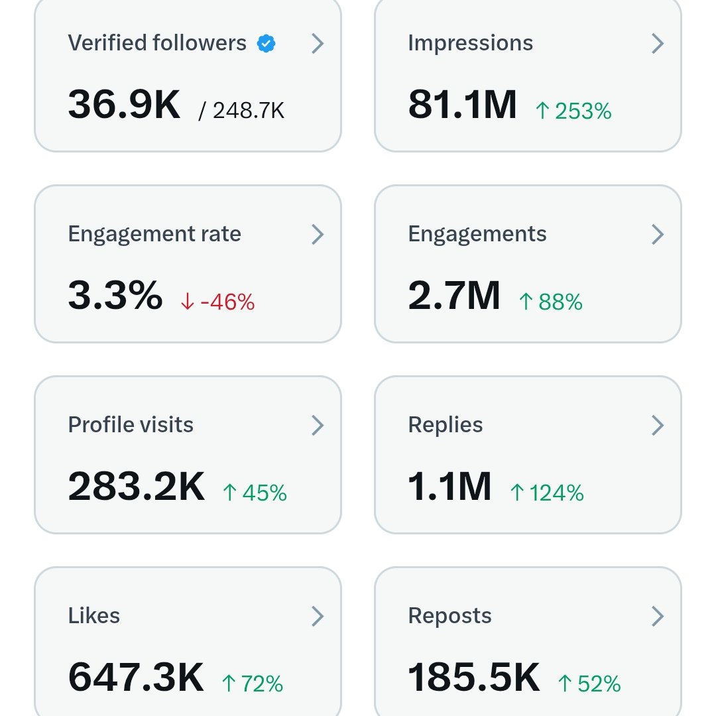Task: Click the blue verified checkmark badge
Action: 267,44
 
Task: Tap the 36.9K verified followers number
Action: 124,105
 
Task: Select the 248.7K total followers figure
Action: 242,111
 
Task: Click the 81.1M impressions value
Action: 462,105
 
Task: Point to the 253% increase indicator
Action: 573,111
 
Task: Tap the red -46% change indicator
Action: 217,302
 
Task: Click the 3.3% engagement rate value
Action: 115,296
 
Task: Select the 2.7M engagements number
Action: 454,296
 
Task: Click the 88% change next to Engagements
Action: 551,302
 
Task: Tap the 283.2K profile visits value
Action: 137,487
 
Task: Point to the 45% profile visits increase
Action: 255,493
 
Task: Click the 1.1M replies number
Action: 449,487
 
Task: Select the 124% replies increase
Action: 547,493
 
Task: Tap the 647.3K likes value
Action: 136,678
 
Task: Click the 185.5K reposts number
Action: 474,678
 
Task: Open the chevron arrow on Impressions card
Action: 657,44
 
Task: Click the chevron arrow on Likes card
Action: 318,617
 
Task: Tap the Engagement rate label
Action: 154,234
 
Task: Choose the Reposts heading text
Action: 449,616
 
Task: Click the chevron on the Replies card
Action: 657,425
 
